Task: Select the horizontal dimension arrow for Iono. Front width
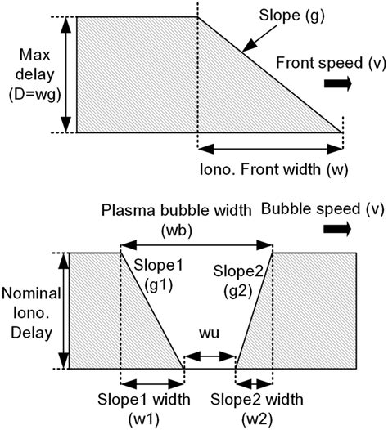point(270,149)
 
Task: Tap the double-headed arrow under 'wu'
point(210,356)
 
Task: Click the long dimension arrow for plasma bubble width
point(196,244)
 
